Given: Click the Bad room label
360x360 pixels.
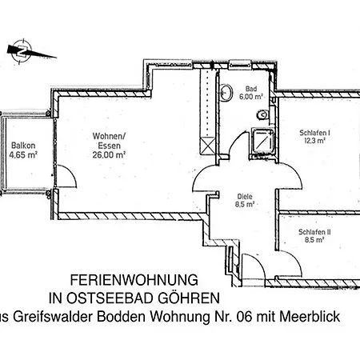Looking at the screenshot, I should click(250, 90).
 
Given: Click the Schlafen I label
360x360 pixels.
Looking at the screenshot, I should click(315, 132).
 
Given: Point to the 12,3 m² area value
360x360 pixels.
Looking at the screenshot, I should click(314, 141).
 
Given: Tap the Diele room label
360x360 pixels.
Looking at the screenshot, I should click(245, 195).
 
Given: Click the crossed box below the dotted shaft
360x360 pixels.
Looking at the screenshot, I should click(209, 146).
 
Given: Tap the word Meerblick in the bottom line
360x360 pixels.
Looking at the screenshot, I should click(310, 318).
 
